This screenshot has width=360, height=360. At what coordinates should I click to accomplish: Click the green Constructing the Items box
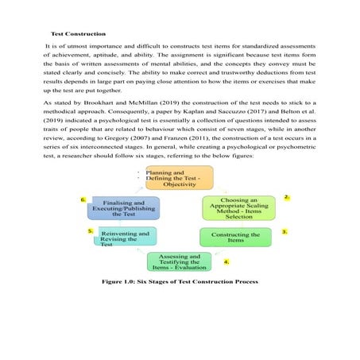236,237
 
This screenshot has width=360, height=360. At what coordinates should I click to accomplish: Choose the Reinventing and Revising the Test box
126,237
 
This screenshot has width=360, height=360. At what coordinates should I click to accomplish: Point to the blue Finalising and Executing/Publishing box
124,207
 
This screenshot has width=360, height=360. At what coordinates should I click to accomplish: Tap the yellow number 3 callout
285,231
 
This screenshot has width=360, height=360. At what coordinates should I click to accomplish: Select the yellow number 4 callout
226,261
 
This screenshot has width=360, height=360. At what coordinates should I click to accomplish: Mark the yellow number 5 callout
91,230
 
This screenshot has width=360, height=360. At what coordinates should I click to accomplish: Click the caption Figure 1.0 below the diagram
179,282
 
